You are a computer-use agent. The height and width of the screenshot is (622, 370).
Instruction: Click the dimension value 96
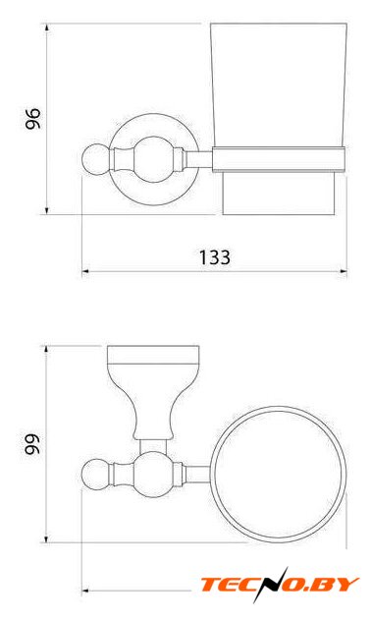pyautogui.click(x=33, y=118)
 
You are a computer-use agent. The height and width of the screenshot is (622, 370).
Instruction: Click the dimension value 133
pyautogui.click(x=214, y=257)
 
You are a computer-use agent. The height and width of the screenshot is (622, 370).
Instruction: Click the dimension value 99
pyautogui.click(x=32, y=444)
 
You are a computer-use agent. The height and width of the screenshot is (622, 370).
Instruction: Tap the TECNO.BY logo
pyautogui.click(x=280, y=585)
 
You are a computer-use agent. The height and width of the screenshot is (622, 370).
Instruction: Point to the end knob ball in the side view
pyautogui.click(x=94, y=159)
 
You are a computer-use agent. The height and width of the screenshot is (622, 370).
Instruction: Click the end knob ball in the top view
pyautogui.click(x=94, y=472)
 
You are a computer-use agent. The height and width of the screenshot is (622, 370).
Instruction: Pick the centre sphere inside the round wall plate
pyautogui.click(x=154, y=159)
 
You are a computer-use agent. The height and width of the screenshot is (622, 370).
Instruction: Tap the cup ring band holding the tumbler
pyautogui.click(x=279, y=160)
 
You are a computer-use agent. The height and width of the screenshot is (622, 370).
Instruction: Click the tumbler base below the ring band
pyautogui.click(x=279, y=194)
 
